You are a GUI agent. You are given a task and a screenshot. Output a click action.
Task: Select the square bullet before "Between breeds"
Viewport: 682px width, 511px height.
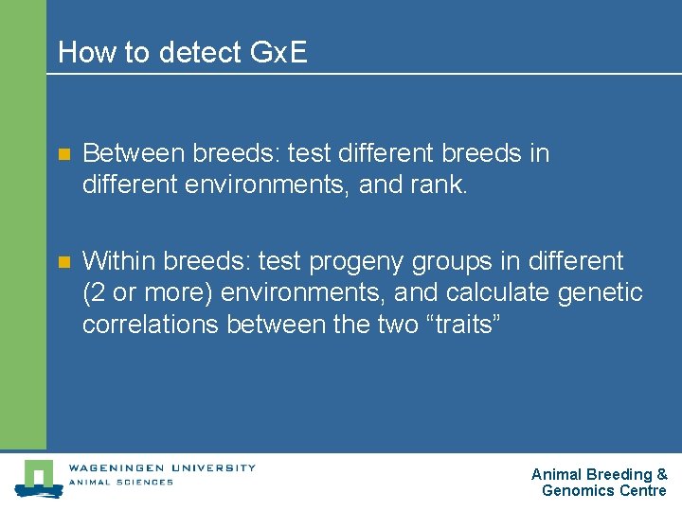pyautogui.click(x=64, y=154)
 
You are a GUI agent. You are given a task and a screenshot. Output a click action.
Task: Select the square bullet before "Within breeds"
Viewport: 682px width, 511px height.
pyautogui.click(x=64, y=262)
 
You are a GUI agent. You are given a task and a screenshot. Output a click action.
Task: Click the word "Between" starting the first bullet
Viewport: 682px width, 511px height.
pyautogui.click(x=130, y=153)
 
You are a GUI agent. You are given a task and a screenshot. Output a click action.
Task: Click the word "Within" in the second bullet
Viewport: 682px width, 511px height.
pyautogui.click(x=120, y=261)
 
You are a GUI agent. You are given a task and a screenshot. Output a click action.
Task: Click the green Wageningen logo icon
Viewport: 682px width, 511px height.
pyautogui.click(x=38, y=478)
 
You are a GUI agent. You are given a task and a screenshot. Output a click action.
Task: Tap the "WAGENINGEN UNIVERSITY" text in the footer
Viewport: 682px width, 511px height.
pyautogui.click(x=161, y=467)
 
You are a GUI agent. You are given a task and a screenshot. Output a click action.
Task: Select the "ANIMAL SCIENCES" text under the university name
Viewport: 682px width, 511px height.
pyautogui.click(x=120, y=483)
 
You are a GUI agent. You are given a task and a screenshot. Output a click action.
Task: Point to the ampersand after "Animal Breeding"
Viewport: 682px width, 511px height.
pyautogui.click(x=662, y=474)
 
